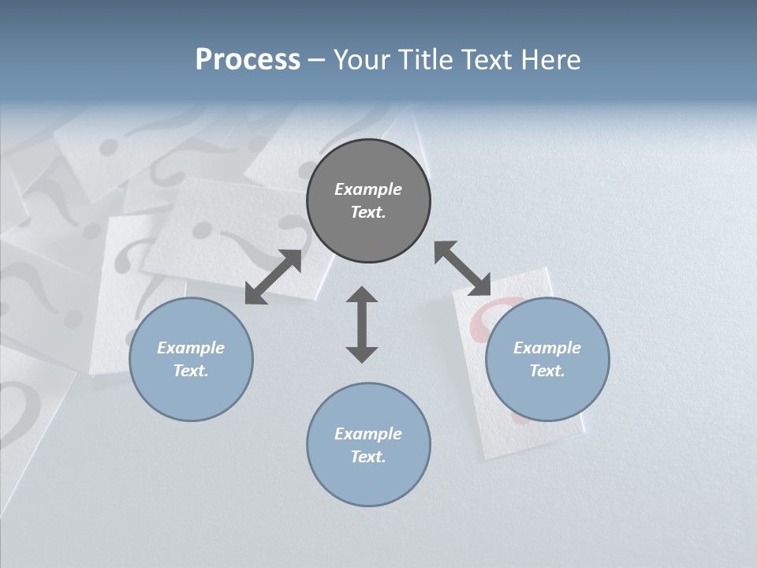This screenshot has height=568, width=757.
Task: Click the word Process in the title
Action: click(248, 60)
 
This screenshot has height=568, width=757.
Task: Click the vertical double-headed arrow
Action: click(362, 324)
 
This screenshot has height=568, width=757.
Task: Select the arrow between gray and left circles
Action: click(273, 277)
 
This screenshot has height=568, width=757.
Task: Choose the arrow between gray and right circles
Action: click(463, 268)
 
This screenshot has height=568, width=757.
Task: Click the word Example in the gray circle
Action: click(368, 189)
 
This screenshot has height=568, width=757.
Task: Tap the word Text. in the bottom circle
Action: click(368, 457)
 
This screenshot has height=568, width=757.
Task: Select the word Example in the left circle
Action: click(191, 348)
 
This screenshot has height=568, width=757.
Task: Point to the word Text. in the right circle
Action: click(547, 371)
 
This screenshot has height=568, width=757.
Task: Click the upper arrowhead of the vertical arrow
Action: click(362, 295)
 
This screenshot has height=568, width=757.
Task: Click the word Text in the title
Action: click(483, 60)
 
